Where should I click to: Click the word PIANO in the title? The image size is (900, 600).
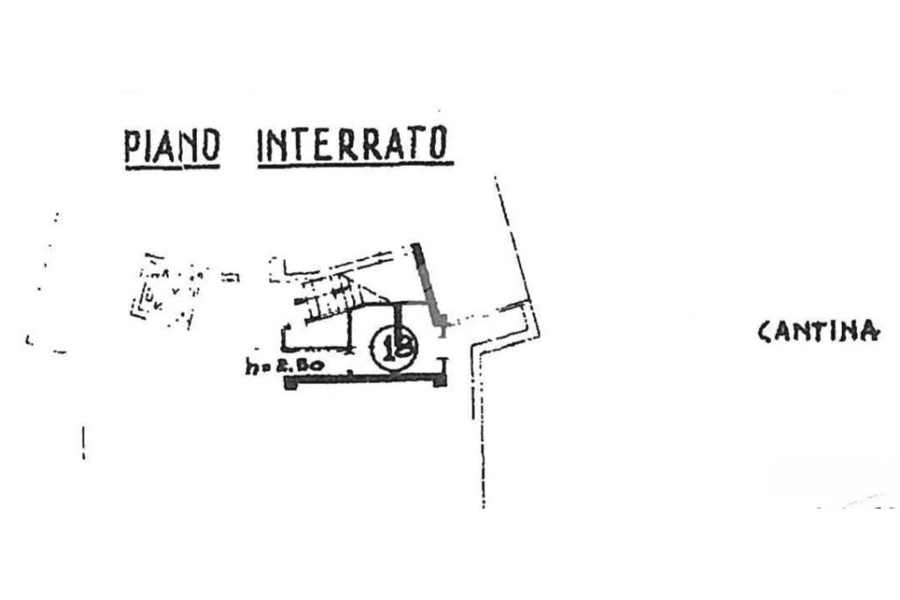171,146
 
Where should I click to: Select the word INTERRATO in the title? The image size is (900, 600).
353,144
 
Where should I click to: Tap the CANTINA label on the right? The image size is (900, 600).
818,331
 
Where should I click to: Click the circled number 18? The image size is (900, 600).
394,348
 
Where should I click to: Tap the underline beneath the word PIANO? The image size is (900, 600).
171,166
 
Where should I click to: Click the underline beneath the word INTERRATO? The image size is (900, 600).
355,164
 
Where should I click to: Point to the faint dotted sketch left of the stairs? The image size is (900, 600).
167,290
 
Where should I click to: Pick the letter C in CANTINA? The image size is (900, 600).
765,331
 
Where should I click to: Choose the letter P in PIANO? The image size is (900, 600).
133,146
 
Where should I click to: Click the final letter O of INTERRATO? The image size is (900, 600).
437,144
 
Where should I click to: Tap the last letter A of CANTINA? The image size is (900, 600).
868,331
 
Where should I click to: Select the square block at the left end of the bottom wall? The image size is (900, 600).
291,382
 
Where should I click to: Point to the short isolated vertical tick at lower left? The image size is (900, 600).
84,443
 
